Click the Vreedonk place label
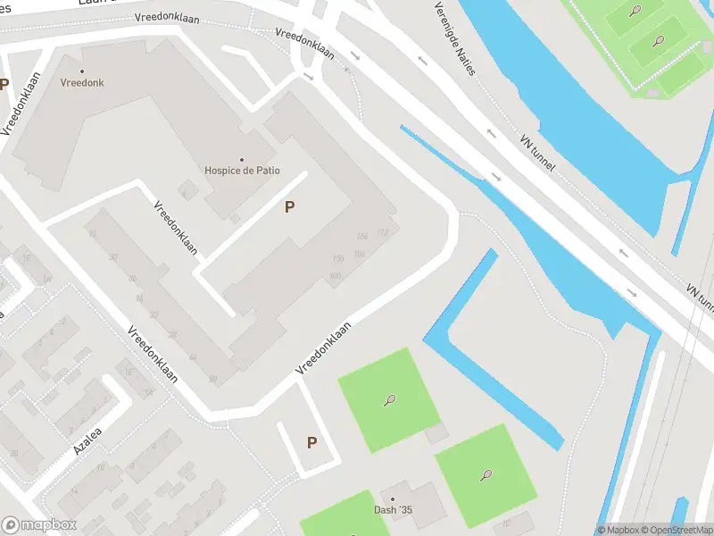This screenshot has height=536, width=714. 82,82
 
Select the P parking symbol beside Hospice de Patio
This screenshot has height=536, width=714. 289,207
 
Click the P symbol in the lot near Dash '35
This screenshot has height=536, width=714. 311,442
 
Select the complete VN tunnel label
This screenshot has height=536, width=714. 536,154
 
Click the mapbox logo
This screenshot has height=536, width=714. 39,525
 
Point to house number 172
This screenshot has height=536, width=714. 383,232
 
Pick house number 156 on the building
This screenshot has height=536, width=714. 361,237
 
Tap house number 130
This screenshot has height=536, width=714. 338,259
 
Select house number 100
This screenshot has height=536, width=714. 335,275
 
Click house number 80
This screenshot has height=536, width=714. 212,379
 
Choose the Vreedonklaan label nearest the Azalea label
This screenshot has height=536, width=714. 152,354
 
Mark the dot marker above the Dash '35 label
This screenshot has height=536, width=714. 391,499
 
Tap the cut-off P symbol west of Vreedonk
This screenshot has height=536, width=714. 4,85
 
